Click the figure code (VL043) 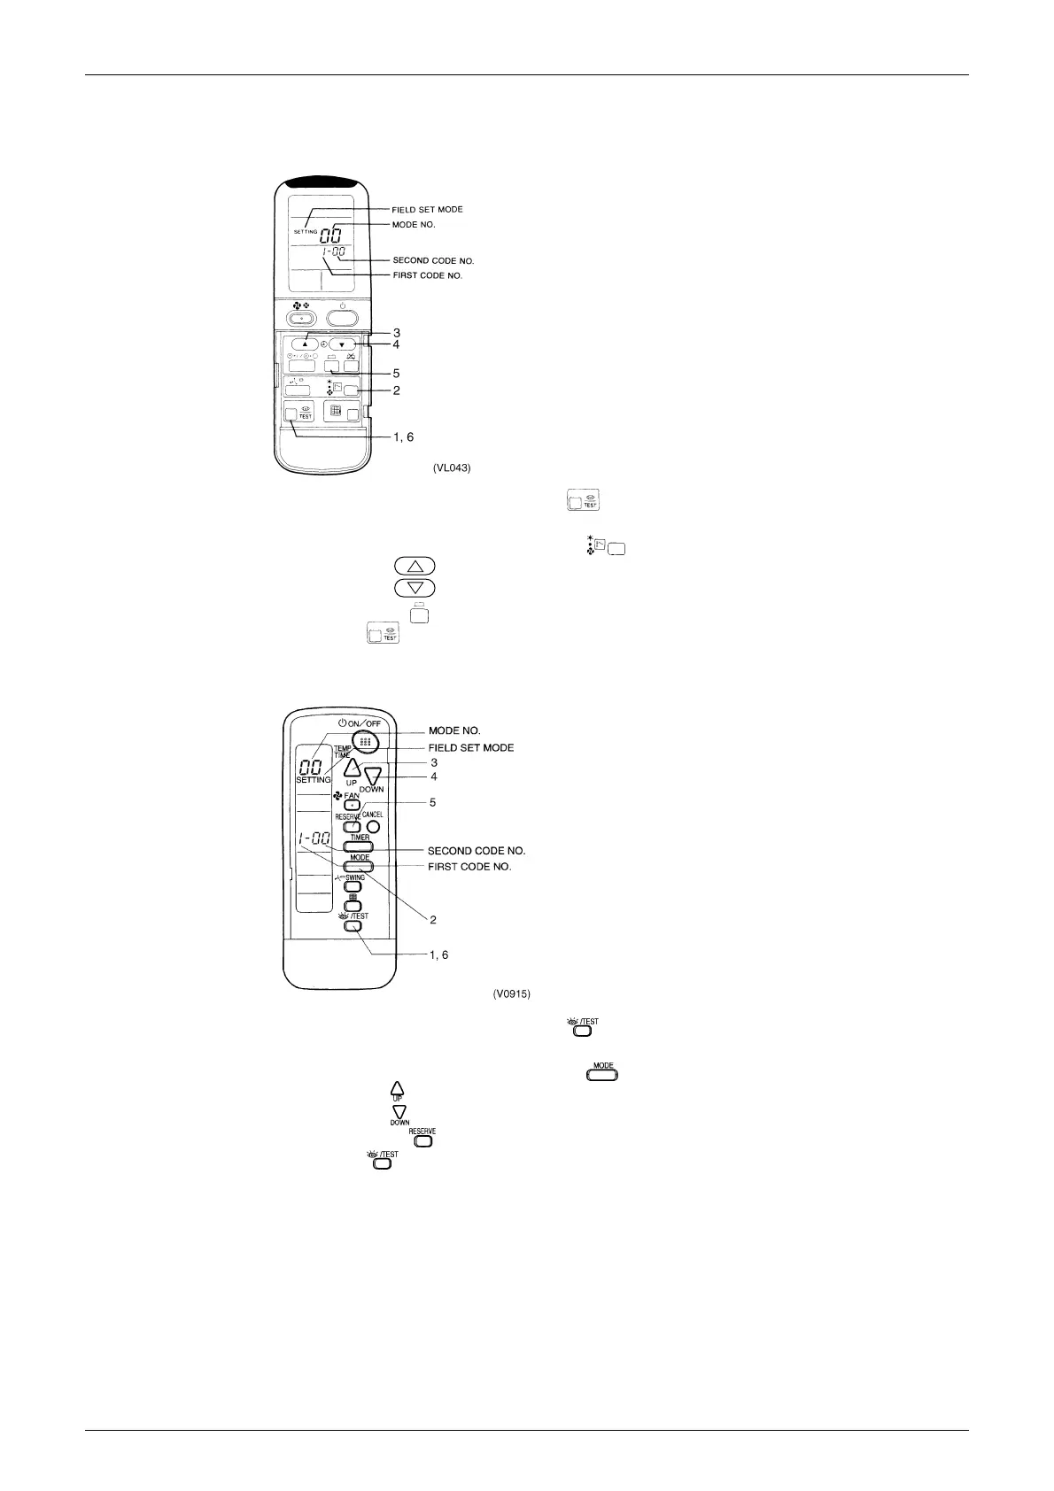coord(451,468)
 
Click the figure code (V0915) coord(511,994)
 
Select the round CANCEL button coord(373,827)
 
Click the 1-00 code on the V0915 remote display coord(314,837)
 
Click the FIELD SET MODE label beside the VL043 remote coord(427,210)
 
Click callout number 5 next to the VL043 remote coord(397,373)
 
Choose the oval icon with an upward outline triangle coord(415,566)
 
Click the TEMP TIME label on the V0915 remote coord(342,752)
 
